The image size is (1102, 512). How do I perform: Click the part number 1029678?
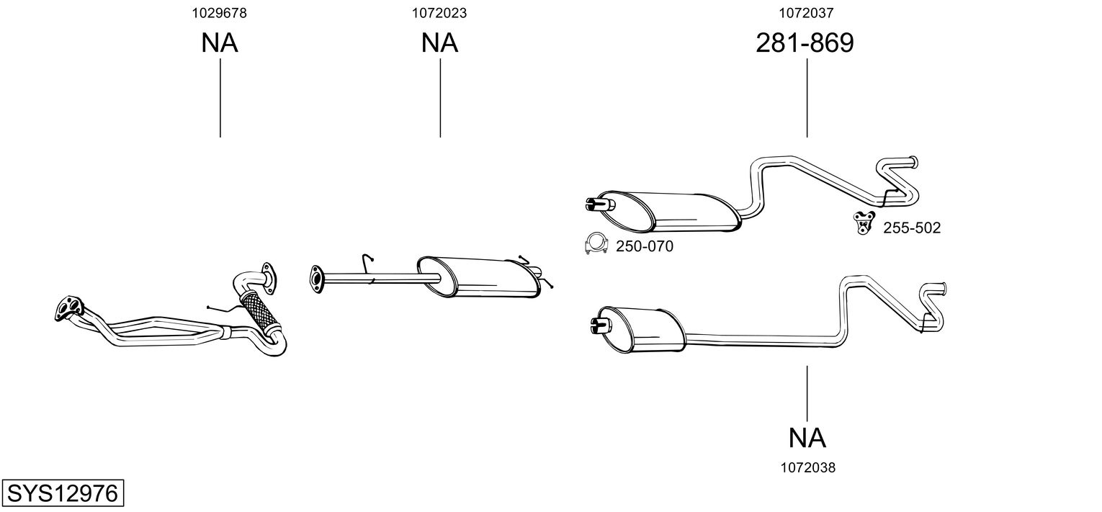click(x=219, y=12)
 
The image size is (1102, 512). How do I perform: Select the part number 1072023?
click(x=439, y=12)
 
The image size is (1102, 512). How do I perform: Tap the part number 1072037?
click(x=806, y=12)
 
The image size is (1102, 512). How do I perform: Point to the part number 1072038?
click(x=807, y=467)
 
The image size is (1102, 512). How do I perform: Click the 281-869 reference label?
click(x=805, y=43)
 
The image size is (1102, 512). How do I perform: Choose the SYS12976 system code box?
click(x=62, y=494)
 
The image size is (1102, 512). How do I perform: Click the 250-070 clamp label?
click(x=644, y=247)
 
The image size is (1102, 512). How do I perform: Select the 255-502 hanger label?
click(x=911, y=228)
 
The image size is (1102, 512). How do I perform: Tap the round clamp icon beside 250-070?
click(x=596, y=246)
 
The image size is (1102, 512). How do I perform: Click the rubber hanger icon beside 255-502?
click(x=863, y=223)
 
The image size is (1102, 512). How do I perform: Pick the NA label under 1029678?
click(x=219, y=43)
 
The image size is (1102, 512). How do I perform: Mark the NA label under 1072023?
click(x=439, y=43)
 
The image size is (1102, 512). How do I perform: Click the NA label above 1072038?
click(x=807, y=437)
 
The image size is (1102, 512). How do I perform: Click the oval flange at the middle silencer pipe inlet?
click(x=315, y=279)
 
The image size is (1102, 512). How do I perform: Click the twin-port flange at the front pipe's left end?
click(x=67, y=309)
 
